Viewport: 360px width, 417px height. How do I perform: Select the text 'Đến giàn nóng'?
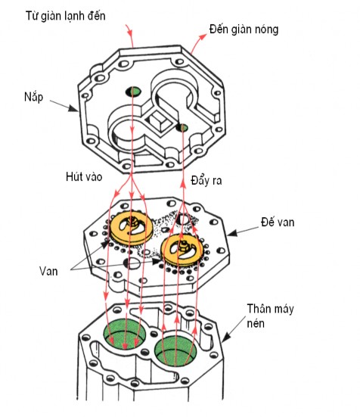[x=243, y=30]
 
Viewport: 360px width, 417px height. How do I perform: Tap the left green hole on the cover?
[x=133, y=92]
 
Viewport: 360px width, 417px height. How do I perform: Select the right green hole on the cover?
[x=182, y=127]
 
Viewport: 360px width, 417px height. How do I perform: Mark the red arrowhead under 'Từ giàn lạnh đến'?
[x=130, y=35]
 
